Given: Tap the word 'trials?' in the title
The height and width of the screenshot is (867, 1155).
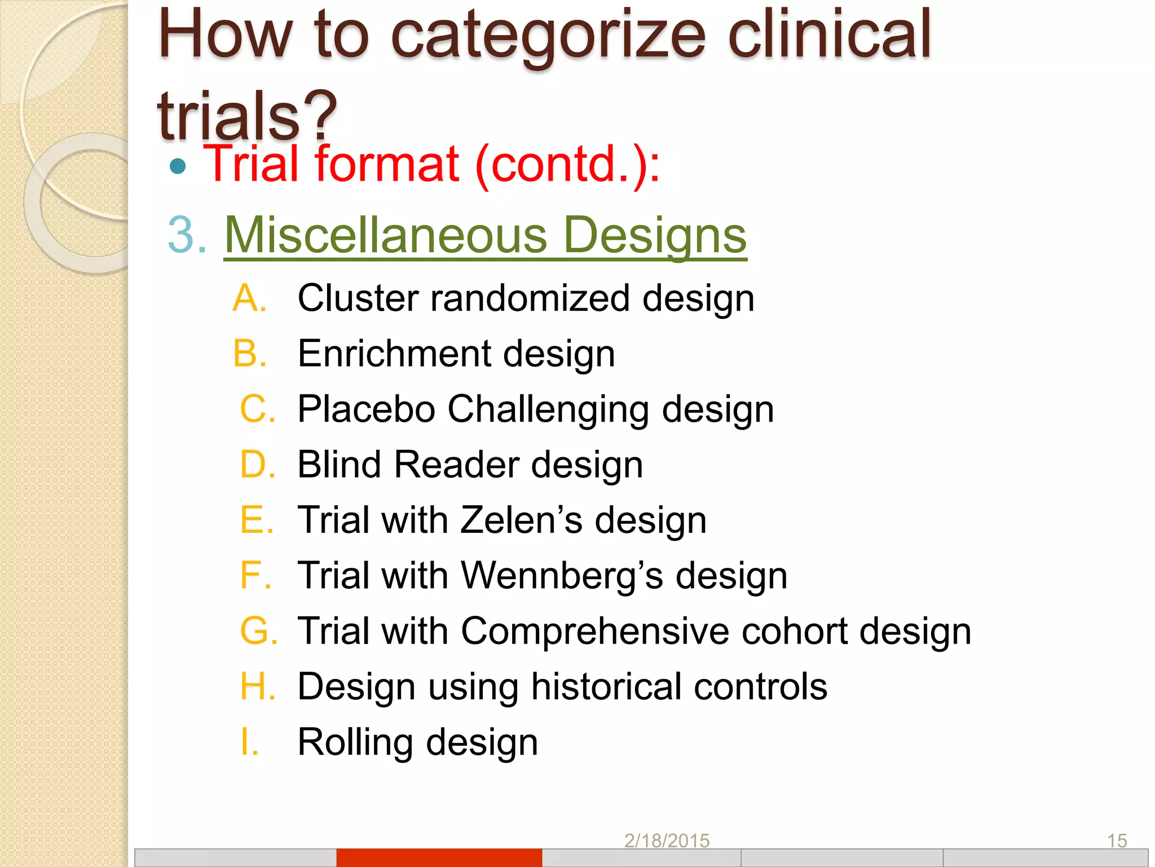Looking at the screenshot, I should (x=247, y=116).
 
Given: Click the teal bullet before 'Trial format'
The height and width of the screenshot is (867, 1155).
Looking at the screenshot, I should (x=178, y=166).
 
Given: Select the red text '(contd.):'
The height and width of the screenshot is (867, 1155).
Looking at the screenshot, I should (x=567, y=165).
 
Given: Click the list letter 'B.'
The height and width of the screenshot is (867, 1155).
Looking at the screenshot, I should (x=249, y=353).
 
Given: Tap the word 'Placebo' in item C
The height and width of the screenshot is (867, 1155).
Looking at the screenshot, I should (x=366, y=409).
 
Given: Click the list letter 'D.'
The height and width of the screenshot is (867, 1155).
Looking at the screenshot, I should (x=257, y=465).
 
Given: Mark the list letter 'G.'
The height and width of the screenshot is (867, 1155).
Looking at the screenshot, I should (x=258, y=630).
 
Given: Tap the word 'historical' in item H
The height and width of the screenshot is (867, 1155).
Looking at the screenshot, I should (x=606, y=686).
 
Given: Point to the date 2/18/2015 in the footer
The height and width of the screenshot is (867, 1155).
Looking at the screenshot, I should (x=667, y=841).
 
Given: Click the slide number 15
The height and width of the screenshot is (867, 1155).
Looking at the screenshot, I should (x=1117, y=841).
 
